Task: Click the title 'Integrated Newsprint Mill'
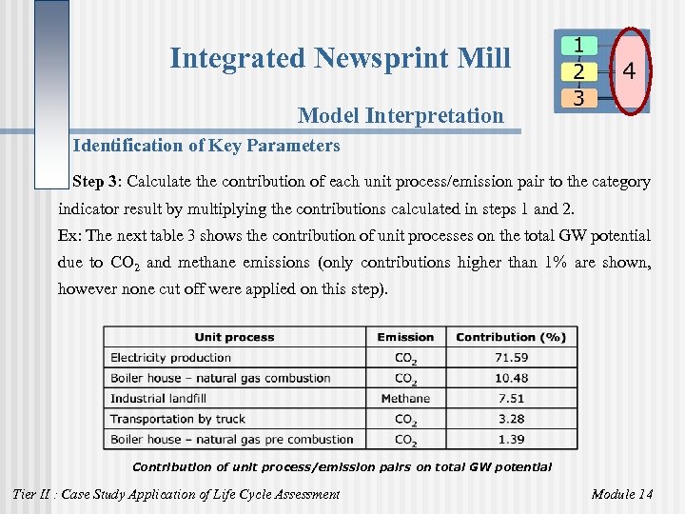[340, 58]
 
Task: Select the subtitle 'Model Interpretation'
[401, 116]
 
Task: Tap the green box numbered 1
[579, 45]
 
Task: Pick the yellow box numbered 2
[579, 70]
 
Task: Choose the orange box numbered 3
[579, 96]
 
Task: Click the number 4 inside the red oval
[630, 70]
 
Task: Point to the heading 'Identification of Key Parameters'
[205, 146]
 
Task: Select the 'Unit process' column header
[234, 337]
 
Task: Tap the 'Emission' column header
[405, 337]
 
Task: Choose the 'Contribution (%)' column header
[511, 337]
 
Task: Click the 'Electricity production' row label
[171, 358]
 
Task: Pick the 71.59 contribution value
[511, 358]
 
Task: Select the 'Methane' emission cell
[405, 399]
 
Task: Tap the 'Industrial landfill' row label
[160, 399]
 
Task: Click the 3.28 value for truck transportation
[511, 419]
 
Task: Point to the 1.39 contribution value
[511, 440]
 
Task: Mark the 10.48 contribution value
[511, 378]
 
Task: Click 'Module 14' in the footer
[622, 494]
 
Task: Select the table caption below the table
[342, 466]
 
